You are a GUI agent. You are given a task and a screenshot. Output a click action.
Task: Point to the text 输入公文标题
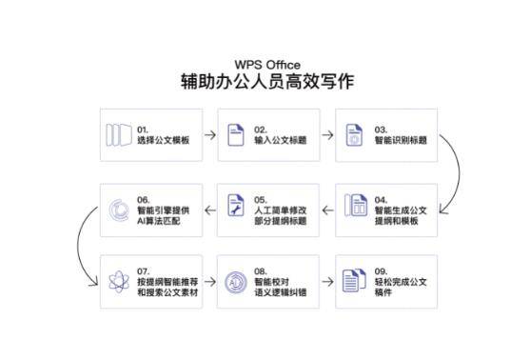[x=280, y=140]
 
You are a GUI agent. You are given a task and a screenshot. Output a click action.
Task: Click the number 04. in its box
[x=382, y=198]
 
